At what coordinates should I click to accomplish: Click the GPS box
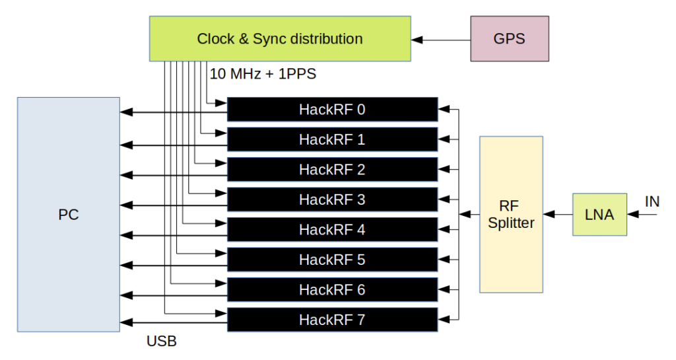(x=509, y=39)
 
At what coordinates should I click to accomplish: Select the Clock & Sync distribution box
(x=280, y=39)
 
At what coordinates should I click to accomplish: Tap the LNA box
(x=599, y=215)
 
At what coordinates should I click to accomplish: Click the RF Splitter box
(x=511, y=215)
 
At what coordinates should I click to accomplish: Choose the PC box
(x=68, y=215)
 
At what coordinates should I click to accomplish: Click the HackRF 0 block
(x=332, y=110)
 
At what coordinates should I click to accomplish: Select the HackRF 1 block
(x=332, y=140)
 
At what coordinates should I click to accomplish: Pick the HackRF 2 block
(x=332, y=170)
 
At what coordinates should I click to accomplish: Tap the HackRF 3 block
(x=332, y=199)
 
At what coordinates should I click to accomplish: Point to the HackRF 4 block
(x=332, y=230)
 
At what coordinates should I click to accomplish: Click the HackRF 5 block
(x=332, y=260)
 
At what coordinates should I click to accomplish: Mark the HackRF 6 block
(x=332, y=290)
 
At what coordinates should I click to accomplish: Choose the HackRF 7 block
(x=332, y=320)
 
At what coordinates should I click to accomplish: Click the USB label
(x=162, y=342)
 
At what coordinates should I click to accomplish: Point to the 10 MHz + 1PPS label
(x=263, y=74)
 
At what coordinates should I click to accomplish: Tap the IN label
(x=652, y=202)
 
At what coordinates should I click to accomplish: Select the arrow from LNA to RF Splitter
(x=558, y=215)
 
